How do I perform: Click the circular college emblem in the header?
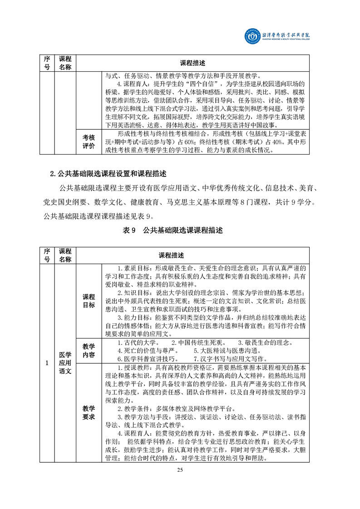tap(250, 35)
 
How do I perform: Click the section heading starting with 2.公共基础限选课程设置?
tap(108, 174)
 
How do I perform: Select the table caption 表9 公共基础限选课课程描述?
tap(179, 231)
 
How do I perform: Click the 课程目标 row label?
tap(89, 301)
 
